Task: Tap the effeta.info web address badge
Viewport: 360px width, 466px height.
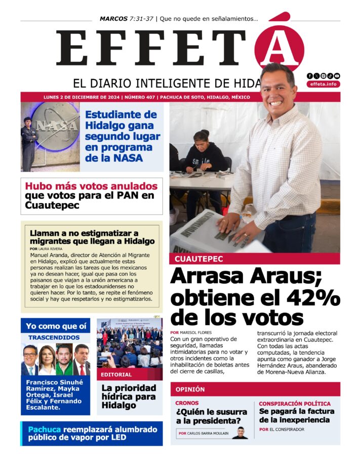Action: tap(323, 85)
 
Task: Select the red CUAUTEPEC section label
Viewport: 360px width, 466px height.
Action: tap(199, 259)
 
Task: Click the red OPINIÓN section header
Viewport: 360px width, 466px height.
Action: tap(190, 390)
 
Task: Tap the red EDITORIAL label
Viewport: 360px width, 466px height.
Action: tap(116, 375)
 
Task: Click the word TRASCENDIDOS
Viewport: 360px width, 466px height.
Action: tap(54, 337)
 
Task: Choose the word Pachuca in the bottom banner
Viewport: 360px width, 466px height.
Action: tap(44, 430)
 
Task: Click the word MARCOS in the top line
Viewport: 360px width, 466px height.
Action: tap(113, 19)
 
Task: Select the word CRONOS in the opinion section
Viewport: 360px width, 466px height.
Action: tap(187, 403)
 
